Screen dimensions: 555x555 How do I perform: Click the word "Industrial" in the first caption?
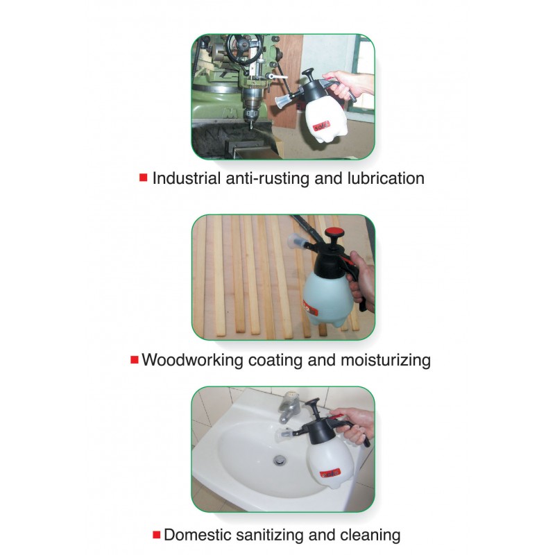click(187, 178)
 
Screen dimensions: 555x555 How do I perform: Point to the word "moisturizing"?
click(386, 360)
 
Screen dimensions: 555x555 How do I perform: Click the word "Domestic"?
click(198, 534)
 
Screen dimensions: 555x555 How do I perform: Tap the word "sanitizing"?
click(270, 535)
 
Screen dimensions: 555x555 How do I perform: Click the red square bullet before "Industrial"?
click(144, 178)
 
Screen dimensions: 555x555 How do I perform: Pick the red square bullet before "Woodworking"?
click(135, 359)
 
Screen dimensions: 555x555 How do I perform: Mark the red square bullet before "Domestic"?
click(157, 534)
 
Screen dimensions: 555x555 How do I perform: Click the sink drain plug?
click(280, 460)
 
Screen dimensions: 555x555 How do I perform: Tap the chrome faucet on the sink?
click(290, 407)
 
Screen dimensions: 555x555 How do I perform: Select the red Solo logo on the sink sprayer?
click(330, 473)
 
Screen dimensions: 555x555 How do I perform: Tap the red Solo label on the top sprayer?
click(321, 126)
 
